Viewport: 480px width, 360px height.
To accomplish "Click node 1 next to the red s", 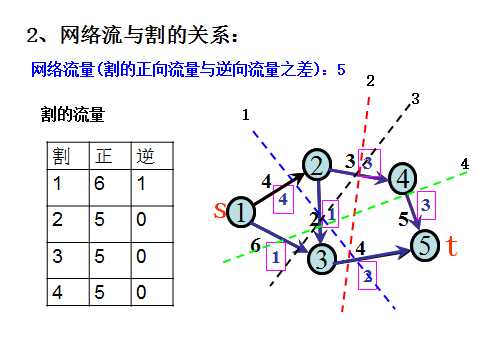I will point(242,211).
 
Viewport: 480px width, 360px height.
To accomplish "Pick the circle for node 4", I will point(403,178).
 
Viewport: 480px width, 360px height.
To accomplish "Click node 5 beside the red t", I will point(424,243).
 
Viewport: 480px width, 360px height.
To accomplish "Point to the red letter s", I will point(221,209).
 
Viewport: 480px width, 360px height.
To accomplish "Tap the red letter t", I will point(451,245).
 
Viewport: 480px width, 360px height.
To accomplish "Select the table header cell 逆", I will point(146,156).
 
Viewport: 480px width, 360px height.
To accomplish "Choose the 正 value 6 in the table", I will point(100,184).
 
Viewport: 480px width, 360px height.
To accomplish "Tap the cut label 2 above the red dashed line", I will point(370,80).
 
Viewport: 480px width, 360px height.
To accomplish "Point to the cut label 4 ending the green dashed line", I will point(464,163).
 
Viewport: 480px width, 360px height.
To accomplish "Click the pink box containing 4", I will point(283,199).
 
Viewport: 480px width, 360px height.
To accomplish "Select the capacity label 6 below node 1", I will point(256,244).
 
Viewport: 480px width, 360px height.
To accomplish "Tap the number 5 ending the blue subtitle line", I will point(342,70).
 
